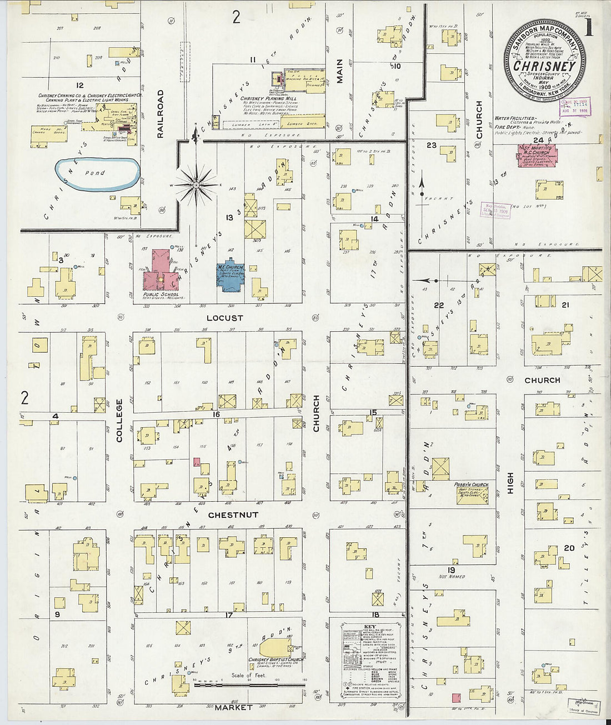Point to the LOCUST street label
pos(225,318)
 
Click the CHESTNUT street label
pos(233,515)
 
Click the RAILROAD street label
pos(161,113)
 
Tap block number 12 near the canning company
pos(80,85)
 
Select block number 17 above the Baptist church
pos(228,615)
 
